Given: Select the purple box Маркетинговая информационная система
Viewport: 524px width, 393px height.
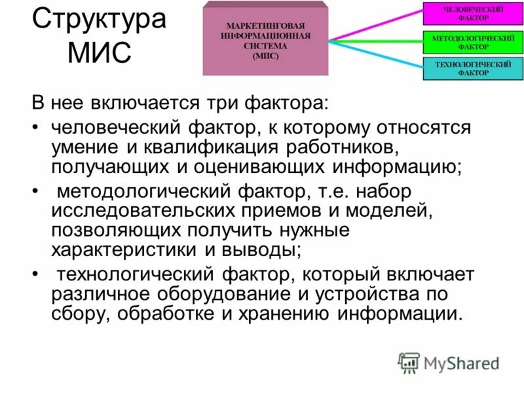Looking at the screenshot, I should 265,39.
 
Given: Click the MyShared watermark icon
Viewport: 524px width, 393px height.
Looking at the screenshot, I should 409,362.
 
